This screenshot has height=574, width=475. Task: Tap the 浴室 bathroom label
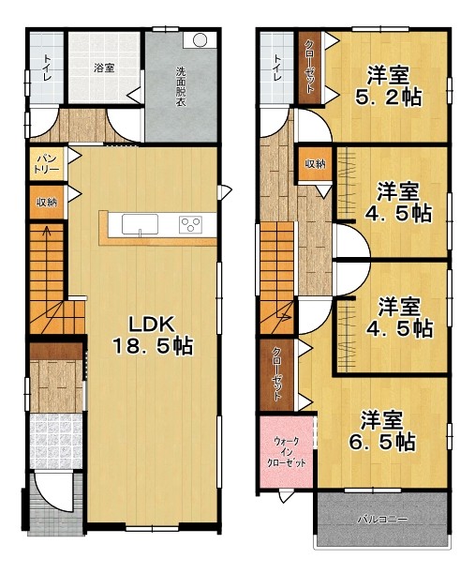pos(104,68)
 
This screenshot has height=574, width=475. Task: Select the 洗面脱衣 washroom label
pos(181,86)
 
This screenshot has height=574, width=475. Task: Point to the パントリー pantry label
pos(47,163)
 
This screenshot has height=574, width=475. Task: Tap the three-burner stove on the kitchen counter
pos(190,225)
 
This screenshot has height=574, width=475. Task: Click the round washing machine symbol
pos(200,40)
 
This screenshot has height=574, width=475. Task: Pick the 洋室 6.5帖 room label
pos(381,430)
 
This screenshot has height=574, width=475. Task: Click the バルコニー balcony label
pos(382,520)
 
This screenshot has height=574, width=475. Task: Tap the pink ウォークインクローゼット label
pos(287,452)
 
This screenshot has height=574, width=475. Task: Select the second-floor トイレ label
pos(277,68)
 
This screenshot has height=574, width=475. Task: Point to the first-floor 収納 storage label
pos(47,202)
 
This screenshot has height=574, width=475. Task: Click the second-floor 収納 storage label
pos(316,164)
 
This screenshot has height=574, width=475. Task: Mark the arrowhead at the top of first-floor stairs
pos(47,230)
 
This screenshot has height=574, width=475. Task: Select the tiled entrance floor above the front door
pos(55,441)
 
